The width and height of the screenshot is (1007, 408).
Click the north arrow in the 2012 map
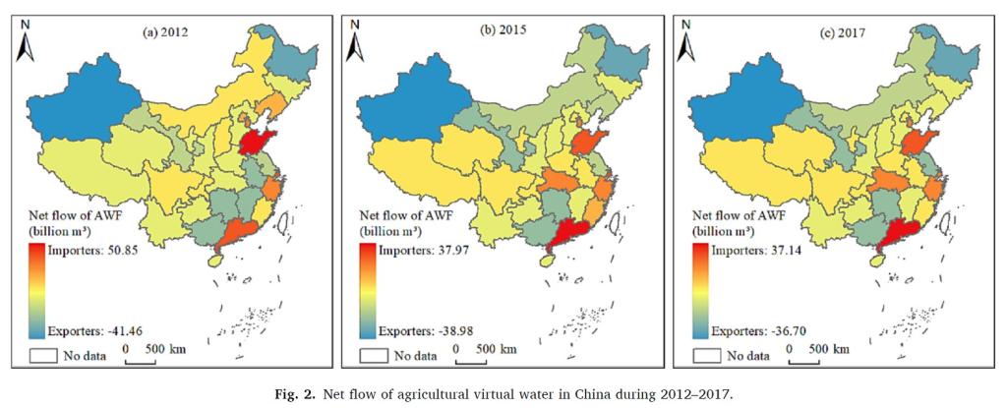[26, 42]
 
